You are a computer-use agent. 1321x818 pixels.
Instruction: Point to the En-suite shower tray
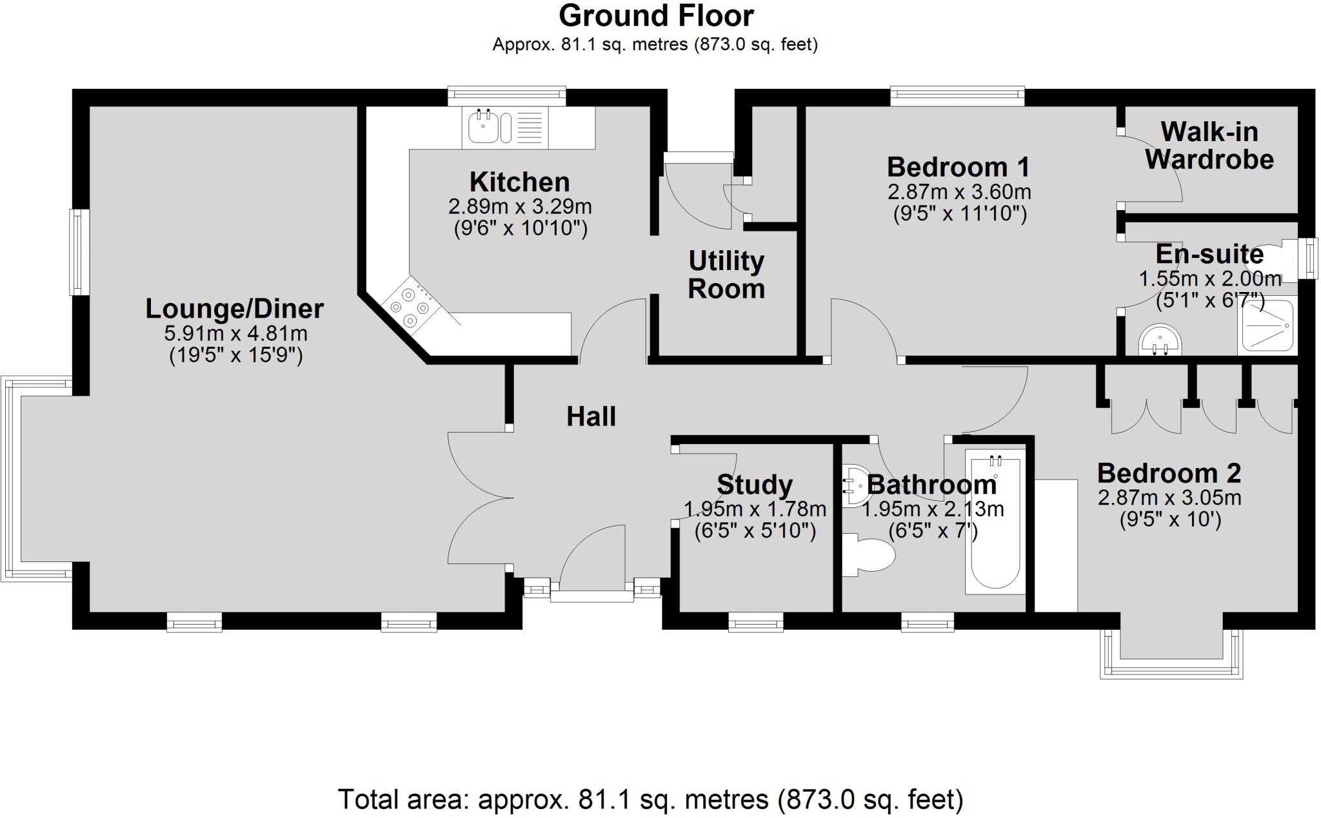1266,326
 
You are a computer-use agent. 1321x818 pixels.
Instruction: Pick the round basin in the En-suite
1160,340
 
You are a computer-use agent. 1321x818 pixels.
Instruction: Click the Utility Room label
726,275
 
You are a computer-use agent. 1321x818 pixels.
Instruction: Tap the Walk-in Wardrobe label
1209,146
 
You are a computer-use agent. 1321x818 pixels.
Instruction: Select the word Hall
591,417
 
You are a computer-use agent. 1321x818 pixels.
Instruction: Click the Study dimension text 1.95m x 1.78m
755,509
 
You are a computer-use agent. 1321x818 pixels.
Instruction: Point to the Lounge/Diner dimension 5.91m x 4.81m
236,333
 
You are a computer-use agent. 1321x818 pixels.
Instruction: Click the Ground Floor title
655,16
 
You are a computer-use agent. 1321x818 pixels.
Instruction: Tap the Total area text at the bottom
650,800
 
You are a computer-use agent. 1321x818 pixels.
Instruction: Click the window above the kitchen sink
507,95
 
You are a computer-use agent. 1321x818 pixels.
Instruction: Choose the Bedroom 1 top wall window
957,96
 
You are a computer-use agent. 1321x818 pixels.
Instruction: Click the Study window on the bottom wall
755,621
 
